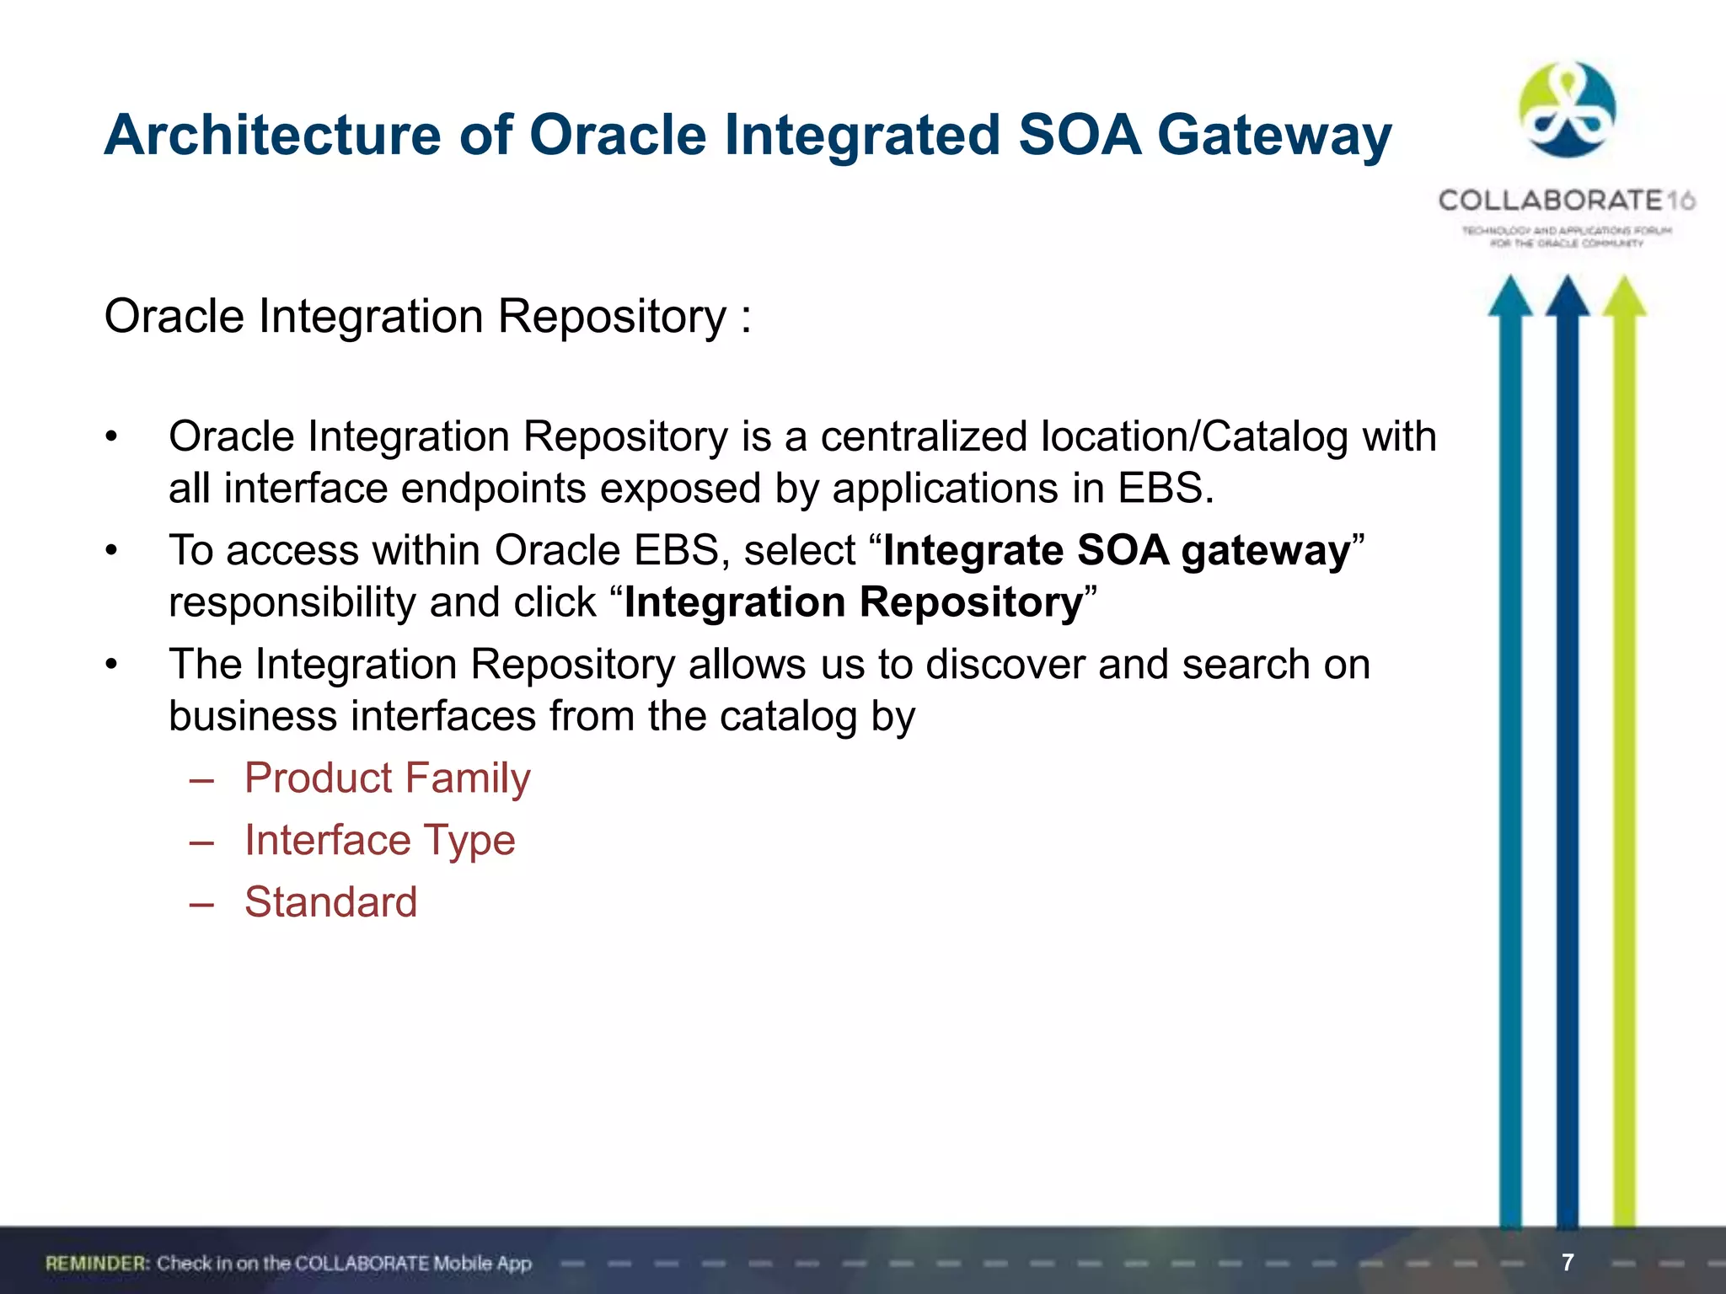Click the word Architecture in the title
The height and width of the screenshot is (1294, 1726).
(x=272, y=135)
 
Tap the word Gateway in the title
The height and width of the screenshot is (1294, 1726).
(x=1273, y=135)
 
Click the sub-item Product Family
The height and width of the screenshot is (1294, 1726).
(x=388, y=778)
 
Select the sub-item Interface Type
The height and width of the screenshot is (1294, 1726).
(x=379, y=840)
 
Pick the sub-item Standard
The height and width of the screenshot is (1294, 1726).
(x=330, y=902)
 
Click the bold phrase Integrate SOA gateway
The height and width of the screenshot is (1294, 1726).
(x=1117, y=551)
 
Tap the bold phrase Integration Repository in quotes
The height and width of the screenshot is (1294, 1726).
(x=853, y=603)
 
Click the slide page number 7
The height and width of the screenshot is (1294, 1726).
(x=1568, y=1262)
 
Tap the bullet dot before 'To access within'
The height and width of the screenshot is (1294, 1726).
(x=111, y=551)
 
